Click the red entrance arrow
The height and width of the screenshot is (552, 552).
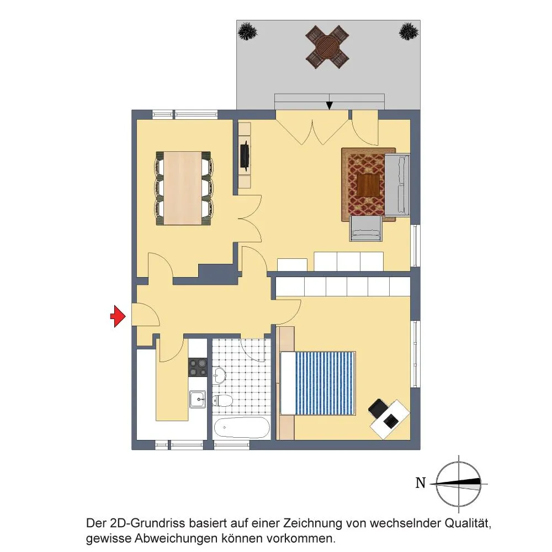pos(118,316)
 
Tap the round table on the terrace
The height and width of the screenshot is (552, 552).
pos(327,47)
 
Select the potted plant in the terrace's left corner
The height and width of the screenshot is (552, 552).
pos(247,31)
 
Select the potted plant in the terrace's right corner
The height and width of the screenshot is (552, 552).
pos(408,31)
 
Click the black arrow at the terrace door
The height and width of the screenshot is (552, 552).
pos(329,105)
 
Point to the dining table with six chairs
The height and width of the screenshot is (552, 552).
pos(183,188)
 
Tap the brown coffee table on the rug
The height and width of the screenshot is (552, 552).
pos(368,185)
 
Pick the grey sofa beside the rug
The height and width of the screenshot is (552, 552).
pos(397,185)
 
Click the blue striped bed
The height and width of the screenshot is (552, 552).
pos(318,383)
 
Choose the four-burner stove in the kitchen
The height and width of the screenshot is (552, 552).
pos(198,367)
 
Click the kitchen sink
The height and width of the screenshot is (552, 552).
pos(198,399)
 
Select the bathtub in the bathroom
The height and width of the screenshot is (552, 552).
pos(242,427)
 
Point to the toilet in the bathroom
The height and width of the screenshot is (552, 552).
pos(222,401)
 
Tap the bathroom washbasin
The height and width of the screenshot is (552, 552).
pos(220,375)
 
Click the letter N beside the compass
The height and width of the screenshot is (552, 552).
pos(421,482)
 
